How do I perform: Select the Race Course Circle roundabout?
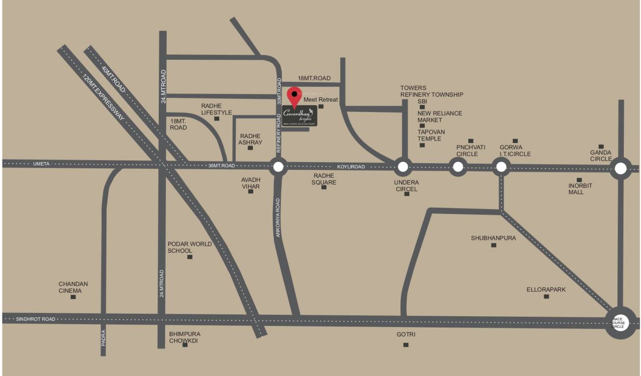[x=620, y=323]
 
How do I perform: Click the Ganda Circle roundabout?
[x=620, y=169]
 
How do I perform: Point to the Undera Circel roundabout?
[x=403, y=167]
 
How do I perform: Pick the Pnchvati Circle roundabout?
[x=458, y=167]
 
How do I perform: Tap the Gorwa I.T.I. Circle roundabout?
[x=501, y=167]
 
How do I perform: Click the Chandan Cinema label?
[x=73, y=287]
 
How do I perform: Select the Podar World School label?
[x=190, y=247]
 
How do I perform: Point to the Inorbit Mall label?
[x=580, y=189]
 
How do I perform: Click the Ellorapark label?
[x=546, y=289]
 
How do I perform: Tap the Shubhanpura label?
[x=493, y=238]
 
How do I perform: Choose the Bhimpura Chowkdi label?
[x=184, y=337]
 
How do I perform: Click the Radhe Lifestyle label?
[x=216, y=109]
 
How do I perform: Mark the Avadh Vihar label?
[x=250, y=183]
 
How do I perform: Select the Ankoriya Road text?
[x=278, y=217]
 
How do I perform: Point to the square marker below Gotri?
[x=406, y=345]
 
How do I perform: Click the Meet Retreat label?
[x=321, y=100]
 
